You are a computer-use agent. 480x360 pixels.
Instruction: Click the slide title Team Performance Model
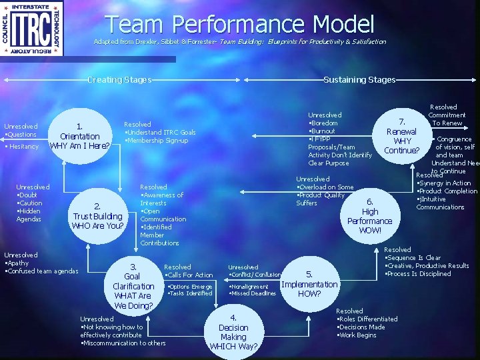coord(239,24)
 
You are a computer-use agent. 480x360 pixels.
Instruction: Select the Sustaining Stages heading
coord(359,80)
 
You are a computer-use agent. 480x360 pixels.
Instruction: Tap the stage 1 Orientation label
coord(80,136)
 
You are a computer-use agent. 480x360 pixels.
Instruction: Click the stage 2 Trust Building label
coord(98,216)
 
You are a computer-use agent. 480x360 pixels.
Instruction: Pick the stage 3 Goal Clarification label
coord(133,286)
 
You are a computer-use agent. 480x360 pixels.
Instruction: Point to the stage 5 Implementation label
coord(309,284)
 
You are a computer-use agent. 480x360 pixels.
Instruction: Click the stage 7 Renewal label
coord(402,136)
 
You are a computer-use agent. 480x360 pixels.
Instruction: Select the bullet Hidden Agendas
coord(29,215)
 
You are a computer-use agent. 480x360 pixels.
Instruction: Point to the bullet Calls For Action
coord(190,275)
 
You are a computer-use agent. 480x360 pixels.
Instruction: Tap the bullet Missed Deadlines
coord(254,293)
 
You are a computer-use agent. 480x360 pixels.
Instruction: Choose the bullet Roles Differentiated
coord(368,319)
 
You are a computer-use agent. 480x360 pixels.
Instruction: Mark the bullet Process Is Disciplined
coord(419,274)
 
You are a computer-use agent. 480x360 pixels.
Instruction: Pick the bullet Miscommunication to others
coord(123,343)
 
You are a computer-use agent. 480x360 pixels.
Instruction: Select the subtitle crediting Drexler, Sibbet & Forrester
coord(239,42)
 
